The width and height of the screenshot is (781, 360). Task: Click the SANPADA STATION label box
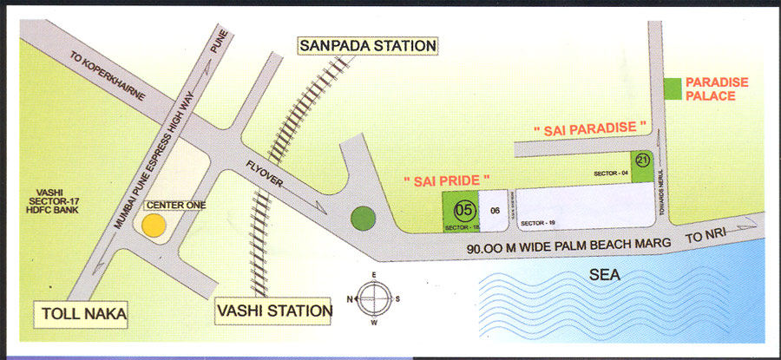point(366,45)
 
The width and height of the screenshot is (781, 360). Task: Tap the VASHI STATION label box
point(274,310)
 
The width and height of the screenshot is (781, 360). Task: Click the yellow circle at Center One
point(154,226)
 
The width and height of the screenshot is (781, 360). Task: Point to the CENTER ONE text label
point(170,206)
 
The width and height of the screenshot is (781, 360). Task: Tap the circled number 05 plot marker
point(465,209)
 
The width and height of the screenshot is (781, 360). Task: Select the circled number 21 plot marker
point(642,160)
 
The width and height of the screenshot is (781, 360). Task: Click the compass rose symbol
point(375,298)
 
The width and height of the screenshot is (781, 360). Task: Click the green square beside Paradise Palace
point(672,88)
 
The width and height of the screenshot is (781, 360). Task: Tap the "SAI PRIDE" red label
point(447,180)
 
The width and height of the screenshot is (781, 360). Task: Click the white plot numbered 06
point(493,211)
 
